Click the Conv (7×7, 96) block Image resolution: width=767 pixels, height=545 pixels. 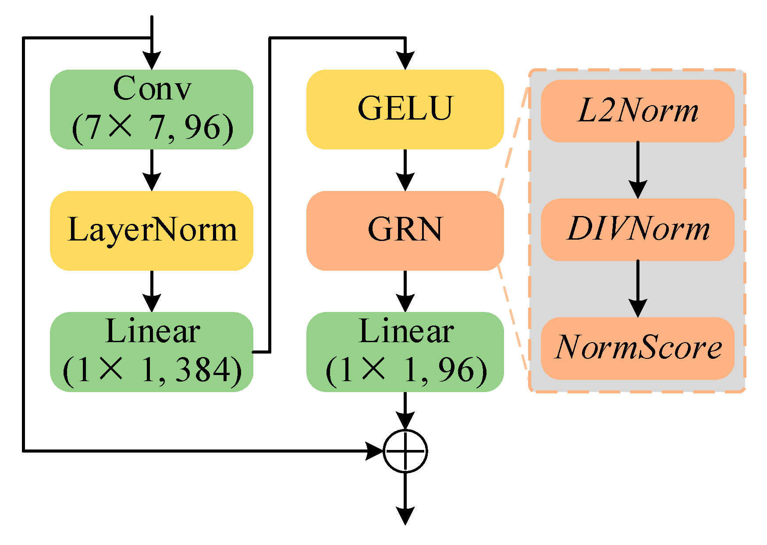pos(152,110)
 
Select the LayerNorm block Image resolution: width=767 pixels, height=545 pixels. pos(152,230)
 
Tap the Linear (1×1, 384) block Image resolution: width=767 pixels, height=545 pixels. pos(152,351)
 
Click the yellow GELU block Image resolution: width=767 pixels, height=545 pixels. pos(405,110)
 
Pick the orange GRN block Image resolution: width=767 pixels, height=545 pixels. pos(405,230)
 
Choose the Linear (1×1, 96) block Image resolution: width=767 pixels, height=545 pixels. pos(405,351)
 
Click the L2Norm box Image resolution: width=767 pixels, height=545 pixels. pos(637,111)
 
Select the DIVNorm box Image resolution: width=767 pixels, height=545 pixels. pos(637,230)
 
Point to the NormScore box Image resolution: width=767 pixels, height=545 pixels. pos(637,348)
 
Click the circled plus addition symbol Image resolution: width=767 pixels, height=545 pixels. pos(405,451)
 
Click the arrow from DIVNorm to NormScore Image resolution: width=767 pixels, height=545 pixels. pos(638,289)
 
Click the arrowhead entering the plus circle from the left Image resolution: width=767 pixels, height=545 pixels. pos(374,451)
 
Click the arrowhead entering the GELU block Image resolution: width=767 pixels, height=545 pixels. pos(405,60)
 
